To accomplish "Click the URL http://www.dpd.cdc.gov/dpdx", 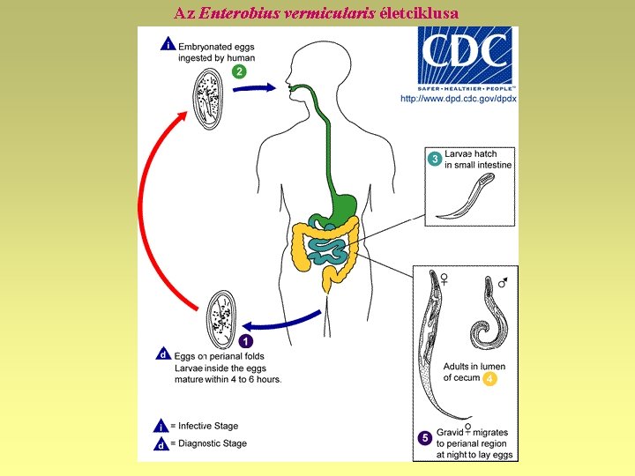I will tap(458, 99).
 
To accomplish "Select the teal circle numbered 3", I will tap(435, 159).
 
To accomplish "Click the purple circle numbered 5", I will tap(425, 436).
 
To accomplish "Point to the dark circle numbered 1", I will tap(247, 340).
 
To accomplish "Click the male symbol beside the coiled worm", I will tap(503, 282).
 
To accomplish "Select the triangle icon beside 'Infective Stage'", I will tap(161, 426).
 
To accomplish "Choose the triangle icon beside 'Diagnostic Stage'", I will tap(161, 444).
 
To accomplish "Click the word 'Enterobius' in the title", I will tap(232, 13).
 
